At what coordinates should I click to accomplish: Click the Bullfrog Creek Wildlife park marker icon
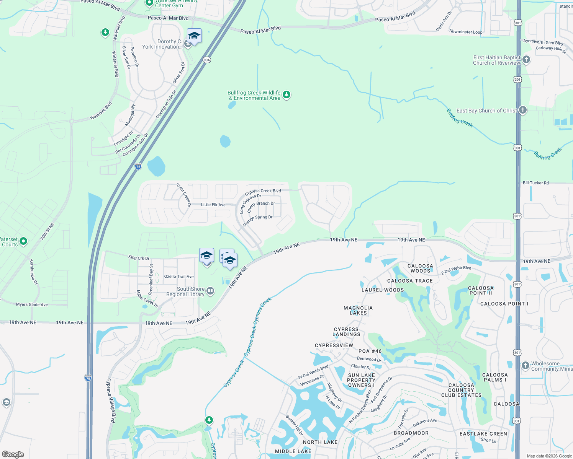tap(286, 94)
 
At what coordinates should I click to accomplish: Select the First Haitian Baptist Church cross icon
tap(526, 59)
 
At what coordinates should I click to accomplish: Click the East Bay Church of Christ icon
tap(522, 110)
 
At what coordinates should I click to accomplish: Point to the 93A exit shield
tap(207, 60)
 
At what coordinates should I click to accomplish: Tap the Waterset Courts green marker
tap(23, 241)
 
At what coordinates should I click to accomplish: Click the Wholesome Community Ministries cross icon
tap(526, 365)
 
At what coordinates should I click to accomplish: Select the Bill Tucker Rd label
tap(535, 183)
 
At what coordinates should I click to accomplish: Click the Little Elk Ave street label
tap(213, 205)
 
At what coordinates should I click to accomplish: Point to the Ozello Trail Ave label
tap(179, 277)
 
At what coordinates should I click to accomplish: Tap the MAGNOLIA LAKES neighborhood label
tap(358, 310)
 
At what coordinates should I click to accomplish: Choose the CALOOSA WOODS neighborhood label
tap(420, 268)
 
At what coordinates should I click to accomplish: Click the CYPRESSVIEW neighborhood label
tap(334, 345)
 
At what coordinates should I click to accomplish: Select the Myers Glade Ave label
tap(32, 305)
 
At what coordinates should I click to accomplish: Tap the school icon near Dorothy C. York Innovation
tap(194, 36)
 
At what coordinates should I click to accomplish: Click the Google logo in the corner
tap(13, 454)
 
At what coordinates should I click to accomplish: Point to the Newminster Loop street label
tap(466, 32)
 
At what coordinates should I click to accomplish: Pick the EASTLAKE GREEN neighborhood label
tap(483, 434)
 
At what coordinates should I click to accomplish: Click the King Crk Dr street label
tap(139, 258)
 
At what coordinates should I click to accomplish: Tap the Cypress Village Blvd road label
tap(110, 400)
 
